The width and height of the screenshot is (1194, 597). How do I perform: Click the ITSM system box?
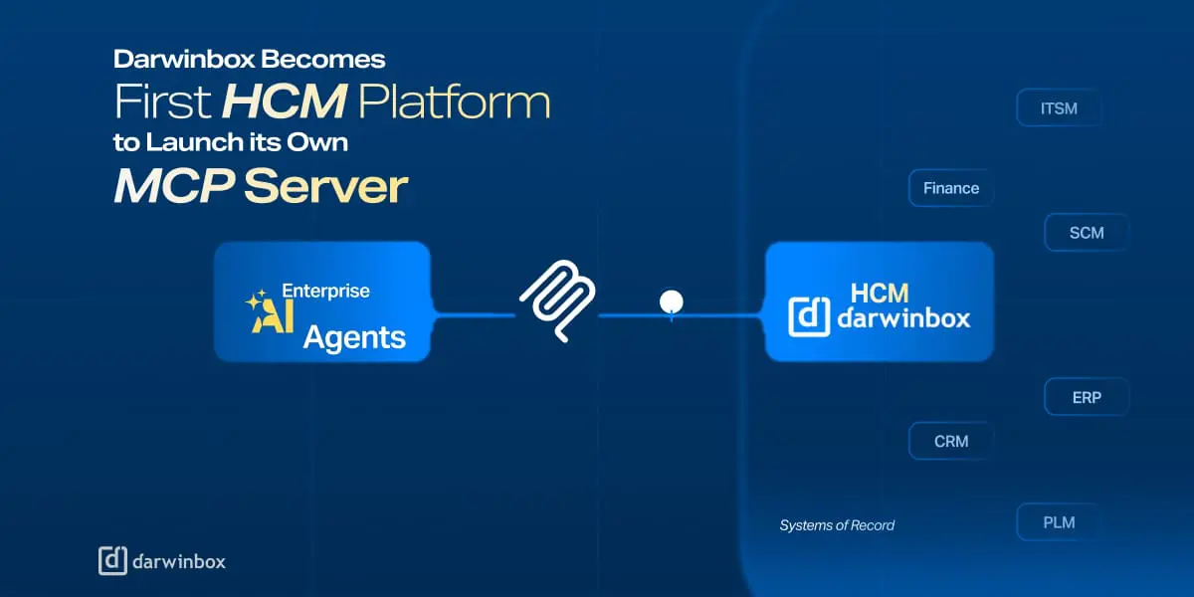tap(1059, 108)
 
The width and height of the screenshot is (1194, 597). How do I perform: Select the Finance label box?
tap(951, 188)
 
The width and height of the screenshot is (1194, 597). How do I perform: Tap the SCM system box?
tap(1087, 233)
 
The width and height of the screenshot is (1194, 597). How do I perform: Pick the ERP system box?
tap(1087, 397)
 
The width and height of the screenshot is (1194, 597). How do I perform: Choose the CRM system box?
tap(951, 441)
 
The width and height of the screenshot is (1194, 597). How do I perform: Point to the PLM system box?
tap(1059, 522)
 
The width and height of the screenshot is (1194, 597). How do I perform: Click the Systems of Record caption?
tap(837, 525)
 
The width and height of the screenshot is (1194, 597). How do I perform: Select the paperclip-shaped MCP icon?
tap(557, 301)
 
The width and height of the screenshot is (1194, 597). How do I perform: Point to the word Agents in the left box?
tap(354, 336)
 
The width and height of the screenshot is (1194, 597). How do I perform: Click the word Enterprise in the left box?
tap(325, 292)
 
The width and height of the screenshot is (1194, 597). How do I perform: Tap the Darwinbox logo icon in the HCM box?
tap(809, 315)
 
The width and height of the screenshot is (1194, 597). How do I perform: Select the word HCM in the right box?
tap(881, 293)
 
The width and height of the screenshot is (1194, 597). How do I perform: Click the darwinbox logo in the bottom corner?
tap(162, 561)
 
